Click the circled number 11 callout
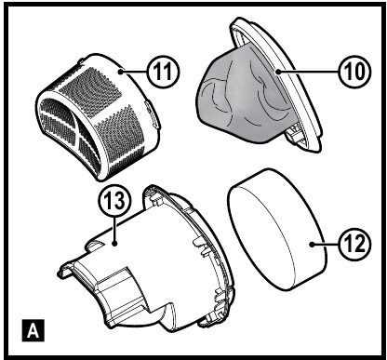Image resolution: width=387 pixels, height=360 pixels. pos(163,72)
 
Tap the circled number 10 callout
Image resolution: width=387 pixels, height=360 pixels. pos(354,71)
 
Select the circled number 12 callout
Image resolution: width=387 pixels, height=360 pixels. pos(354,244)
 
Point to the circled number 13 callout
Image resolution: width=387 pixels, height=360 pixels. pos(115,202)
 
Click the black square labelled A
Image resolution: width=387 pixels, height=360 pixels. pos(33,330)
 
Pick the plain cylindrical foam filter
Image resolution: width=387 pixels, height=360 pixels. pos(277,230)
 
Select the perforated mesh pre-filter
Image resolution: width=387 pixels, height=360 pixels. pos(99,117)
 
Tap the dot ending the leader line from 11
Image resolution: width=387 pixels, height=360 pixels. pos(120,72)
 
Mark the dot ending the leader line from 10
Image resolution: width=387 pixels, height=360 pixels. pos(279,71)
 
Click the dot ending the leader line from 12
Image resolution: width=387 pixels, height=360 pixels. pos(312,244)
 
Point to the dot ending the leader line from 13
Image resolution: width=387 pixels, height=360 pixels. pos(115,244)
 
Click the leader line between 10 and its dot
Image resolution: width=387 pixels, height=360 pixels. pos(308,71)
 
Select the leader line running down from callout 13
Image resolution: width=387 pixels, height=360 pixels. pos(115,231)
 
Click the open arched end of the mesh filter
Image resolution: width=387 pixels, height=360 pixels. pos(69,133)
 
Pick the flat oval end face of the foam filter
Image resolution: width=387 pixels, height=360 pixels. pos(260,235)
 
